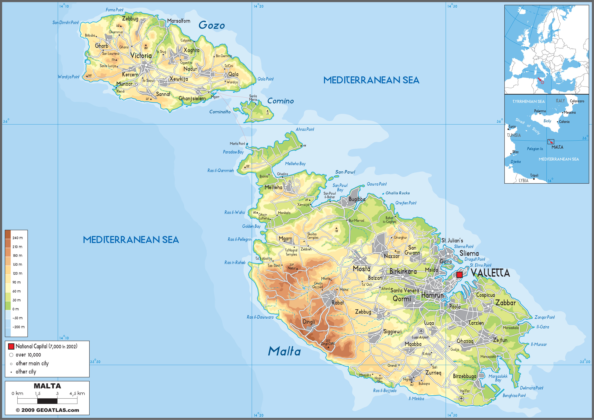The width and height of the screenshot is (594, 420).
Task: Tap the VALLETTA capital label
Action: [490, 273]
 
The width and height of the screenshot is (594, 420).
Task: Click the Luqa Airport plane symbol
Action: [421, 331]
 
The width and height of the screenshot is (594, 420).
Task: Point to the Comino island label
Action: [280, 101]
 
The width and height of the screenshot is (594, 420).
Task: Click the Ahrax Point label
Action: [305, 129]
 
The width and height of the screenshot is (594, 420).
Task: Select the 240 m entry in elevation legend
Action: [17, 238]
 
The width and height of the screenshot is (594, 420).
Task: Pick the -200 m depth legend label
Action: [18, 327]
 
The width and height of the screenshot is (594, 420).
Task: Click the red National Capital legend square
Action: [11, 346]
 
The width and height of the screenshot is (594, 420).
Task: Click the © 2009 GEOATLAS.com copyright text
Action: [47, 410]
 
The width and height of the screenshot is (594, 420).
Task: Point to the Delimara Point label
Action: [531, 388]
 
